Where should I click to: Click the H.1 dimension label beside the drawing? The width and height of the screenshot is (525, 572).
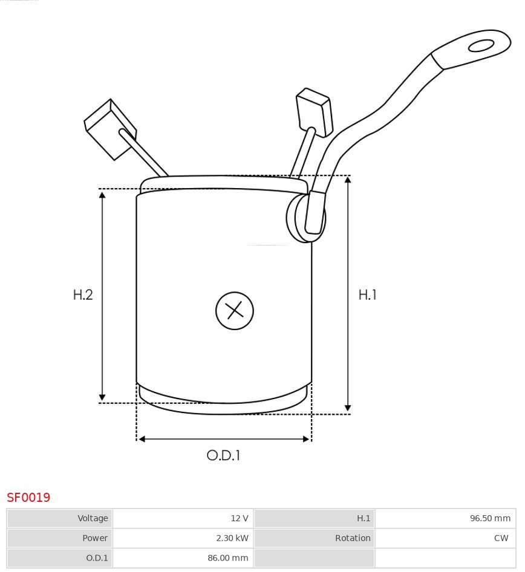tap(367, 295)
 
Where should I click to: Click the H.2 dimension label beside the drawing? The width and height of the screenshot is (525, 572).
tap(83, 295)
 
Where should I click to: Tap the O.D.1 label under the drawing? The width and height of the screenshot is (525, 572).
tap(224, 455)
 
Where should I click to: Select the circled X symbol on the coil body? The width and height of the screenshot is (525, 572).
tap(234, 311)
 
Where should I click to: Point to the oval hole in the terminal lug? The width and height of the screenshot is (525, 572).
tap(481, 46)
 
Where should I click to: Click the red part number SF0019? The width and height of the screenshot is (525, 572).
tap(28, 498)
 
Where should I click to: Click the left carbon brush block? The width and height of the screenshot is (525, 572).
tap(110, 129)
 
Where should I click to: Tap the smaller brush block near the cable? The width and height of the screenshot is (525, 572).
tap(314, 112)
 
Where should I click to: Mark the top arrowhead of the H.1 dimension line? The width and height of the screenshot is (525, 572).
tap(348, 181)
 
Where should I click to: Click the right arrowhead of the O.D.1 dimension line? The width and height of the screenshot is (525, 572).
tap(306, 439)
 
